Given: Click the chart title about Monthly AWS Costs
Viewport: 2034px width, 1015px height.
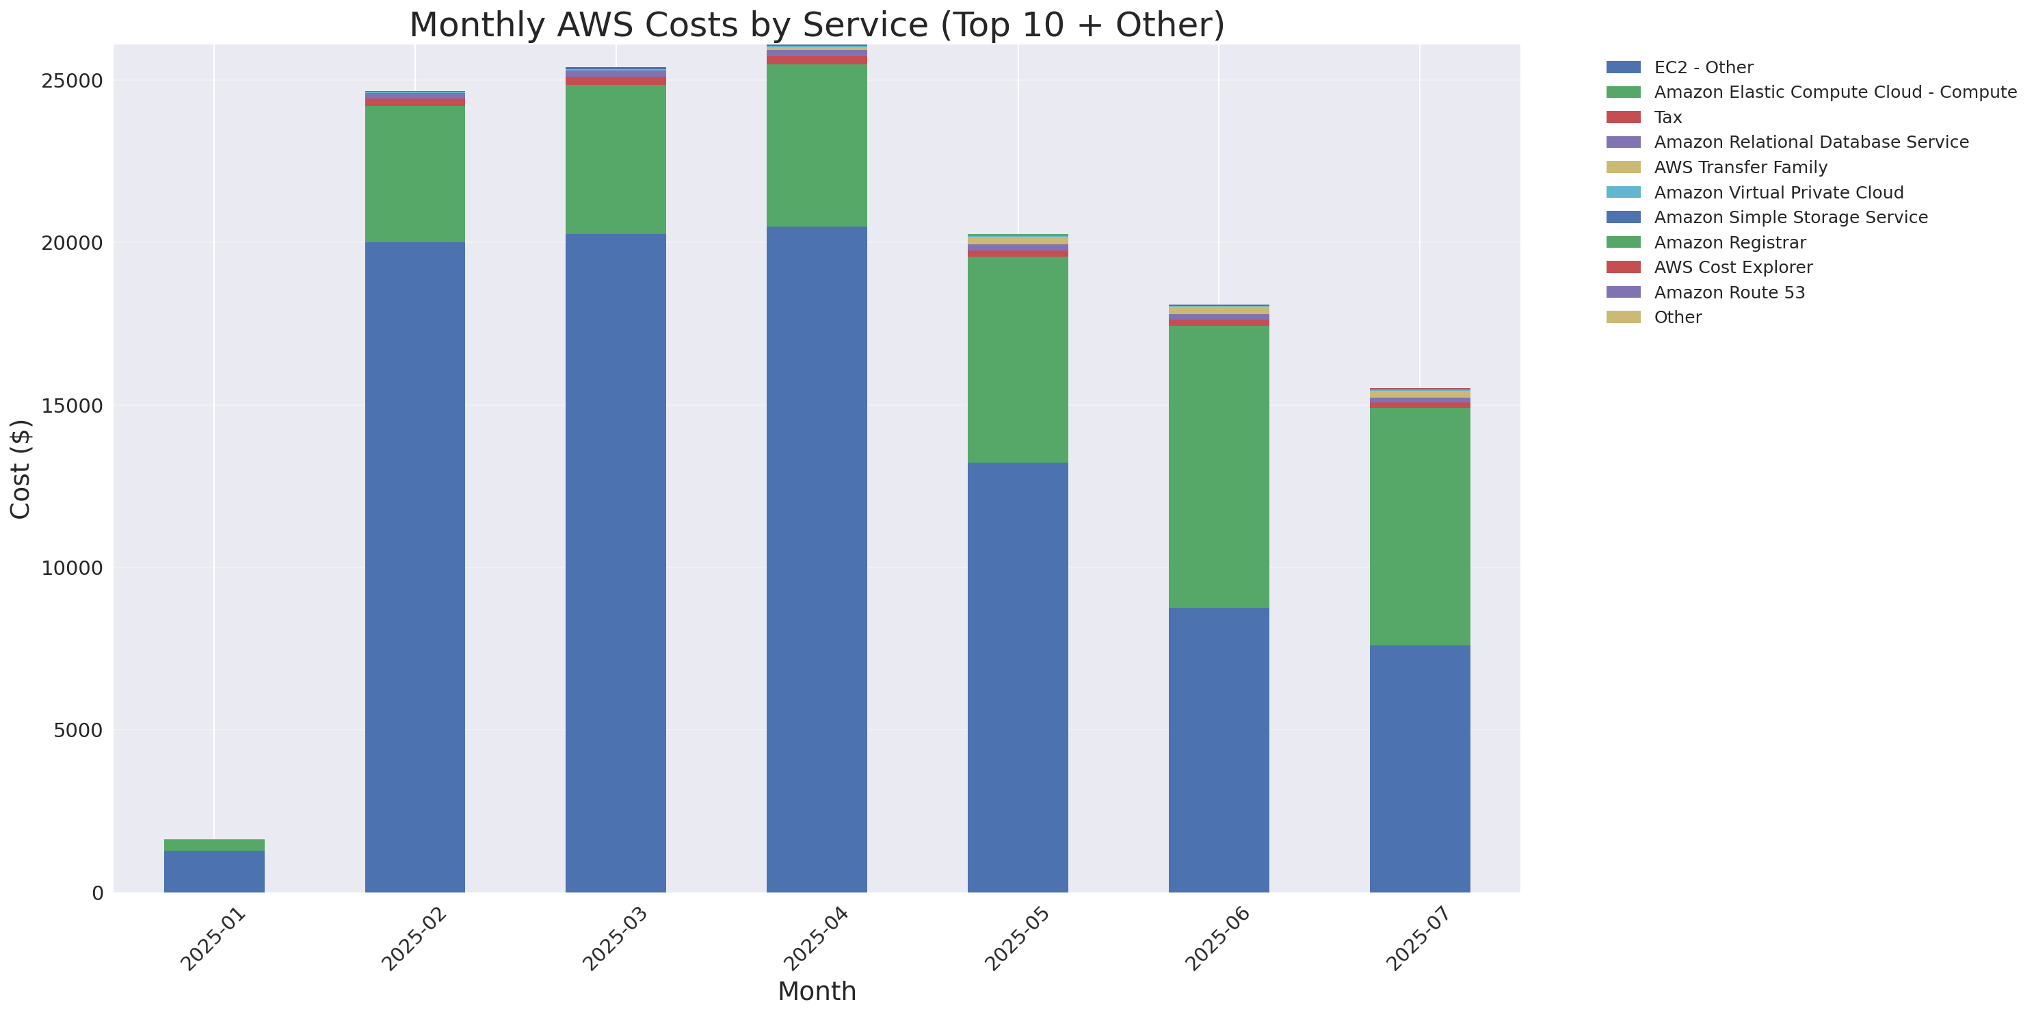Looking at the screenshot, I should click(x=817, y=25).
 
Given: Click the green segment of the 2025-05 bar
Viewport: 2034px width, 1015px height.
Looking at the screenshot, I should click(x=1017, y=359).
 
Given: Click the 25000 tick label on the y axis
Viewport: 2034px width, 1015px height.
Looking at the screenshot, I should click(x=72, y=81).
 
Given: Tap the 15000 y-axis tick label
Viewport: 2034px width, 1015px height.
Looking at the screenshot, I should click(x=72, y=406).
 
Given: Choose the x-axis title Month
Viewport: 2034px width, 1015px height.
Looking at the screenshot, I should click(x=817, y=991).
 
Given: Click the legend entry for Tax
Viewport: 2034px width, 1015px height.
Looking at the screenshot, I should click(x=1667, y=118).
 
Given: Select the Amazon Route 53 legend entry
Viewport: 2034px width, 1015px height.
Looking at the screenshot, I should click(x=1729, y=293).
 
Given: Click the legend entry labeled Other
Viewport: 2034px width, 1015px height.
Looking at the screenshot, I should click(x=1677, y=318).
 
